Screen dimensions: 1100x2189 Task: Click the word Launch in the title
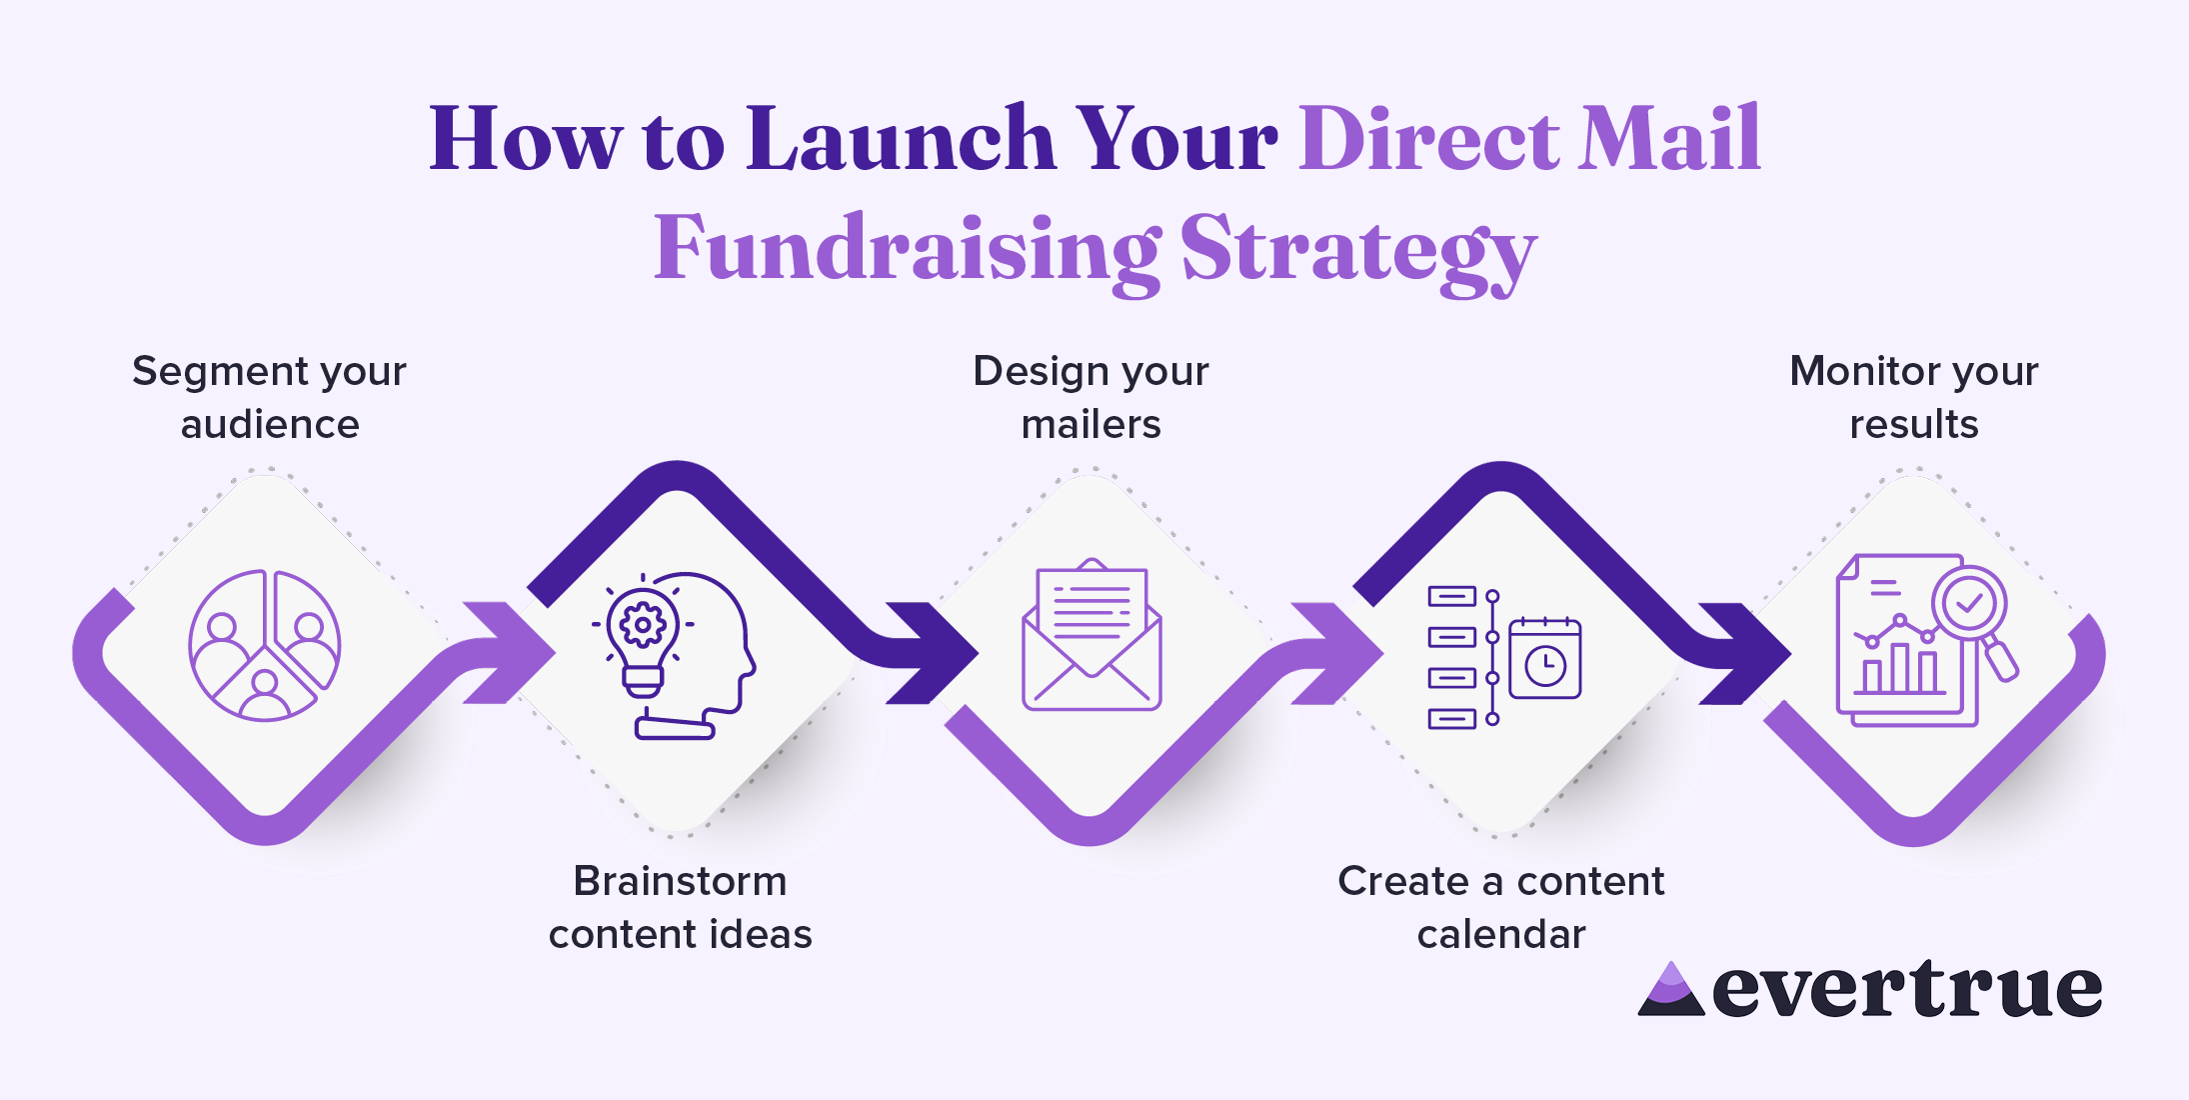pos(900,140)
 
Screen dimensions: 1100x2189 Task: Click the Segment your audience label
pos(269,397)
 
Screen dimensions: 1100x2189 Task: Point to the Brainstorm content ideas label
pos(680,907)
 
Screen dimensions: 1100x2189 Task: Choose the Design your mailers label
pos(1091,397)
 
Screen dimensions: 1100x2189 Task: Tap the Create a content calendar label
pos(1500,907)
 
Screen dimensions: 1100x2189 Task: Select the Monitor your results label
pos(1913,397)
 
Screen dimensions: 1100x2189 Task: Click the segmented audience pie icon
pos(265,646)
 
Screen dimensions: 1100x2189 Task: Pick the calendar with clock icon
pos(1544,659)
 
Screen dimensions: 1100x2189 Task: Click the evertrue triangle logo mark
pos(1670,992)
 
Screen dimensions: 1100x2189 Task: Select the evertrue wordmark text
pos(1907,990)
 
